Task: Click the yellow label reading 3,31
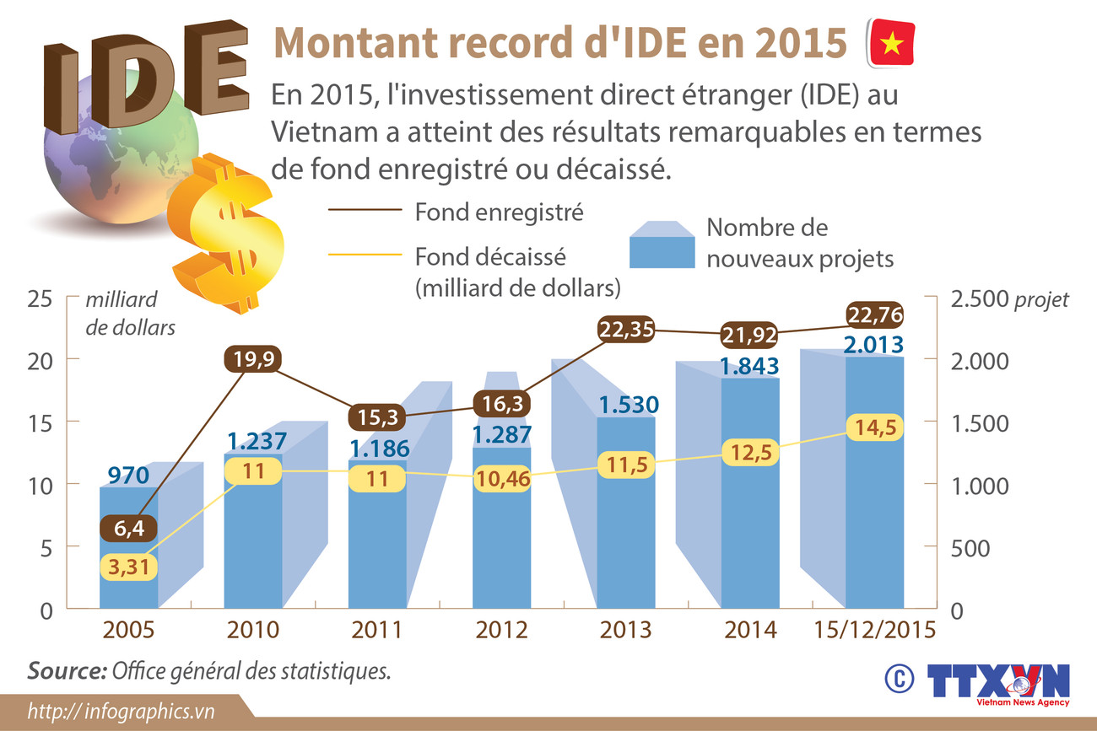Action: click(x=128, y=567)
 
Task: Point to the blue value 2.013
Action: click(x=875, y=344)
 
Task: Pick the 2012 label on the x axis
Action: click(x=501, y=631)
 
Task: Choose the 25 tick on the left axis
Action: click(x=41, y=299)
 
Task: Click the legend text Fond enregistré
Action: click(x=499, y=212)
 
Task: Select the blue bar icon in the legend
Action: click(x=662, y=244)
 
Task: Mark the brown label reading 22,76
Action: click(x=875, y=315)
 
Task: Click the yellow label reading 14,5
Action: click(x=875, y=427)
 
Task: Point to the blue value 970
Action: click(x=129, y=475)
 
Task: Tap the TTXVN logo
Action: click(x=999, y=681)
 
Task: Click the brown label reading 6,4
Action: click(x=128, y=529)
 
